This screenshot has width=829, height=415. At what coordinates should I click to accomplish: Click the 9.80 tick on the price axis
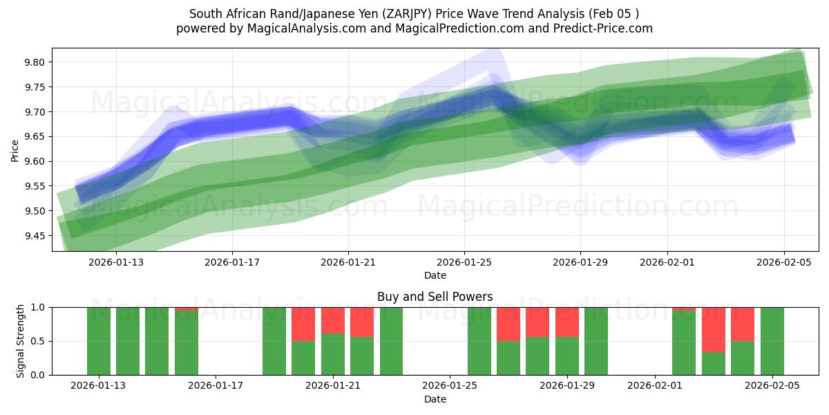point(35,62)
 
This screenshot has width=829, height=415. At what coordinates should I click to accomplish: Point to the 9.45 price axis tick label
point(35,236)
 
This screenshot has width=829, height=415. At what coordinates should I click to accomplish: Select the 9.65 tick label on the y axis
point(35,137)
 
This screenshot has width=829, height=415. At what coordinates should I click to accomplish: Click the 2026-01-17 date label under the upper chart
point(232,263)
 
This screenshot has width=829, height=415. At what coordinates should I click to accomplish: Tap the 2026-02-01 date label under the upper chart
point(667,263)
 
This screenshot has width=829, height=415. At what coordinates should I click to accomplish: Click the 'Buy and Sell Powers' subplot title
point(435,297)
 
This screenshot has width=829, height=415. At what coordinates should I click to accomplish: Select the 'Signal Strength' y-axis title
point(21,340)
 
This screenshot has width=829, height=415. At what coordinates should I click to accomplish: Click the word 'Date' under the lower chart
point(435,399)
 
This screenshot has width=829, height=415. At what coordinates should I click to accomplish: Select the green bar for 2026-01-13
point(99,341)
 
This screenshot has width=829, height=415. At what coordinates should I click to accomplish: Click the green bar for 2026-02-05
point(772,341)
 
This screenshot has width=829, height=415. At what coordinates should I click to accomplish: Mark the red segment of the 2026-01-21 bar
point(333,320)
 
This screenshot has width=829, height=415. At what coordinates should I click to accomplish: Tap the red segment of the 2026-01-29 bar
point(566,322)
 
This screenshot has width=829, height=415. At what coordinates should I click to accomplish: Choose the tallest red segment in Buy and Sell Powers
point(714,329)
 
